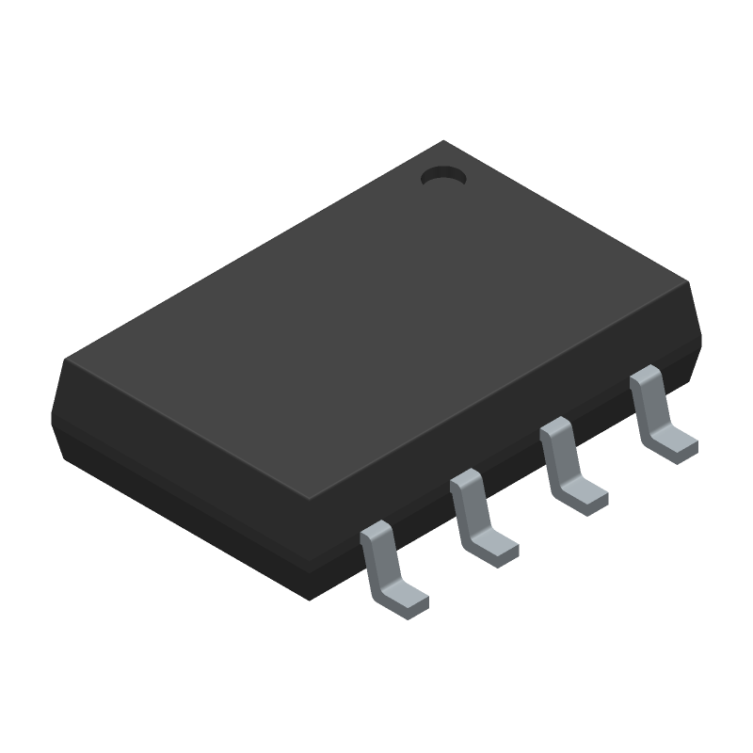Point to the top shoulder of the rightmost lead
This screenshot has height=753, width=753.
pos(645,376)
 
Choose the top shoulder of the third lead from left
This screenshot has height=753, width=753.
pos(555,429)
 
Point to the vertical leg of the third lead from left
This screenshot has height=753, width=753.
pos(562,460)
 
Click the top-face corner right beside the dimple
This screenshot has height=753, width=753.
pos(444,142)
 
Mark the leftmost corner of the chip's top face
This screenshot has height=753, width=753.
pos(64,361)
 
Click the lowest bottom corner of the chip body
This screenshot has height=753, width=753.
pos(314,599)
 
